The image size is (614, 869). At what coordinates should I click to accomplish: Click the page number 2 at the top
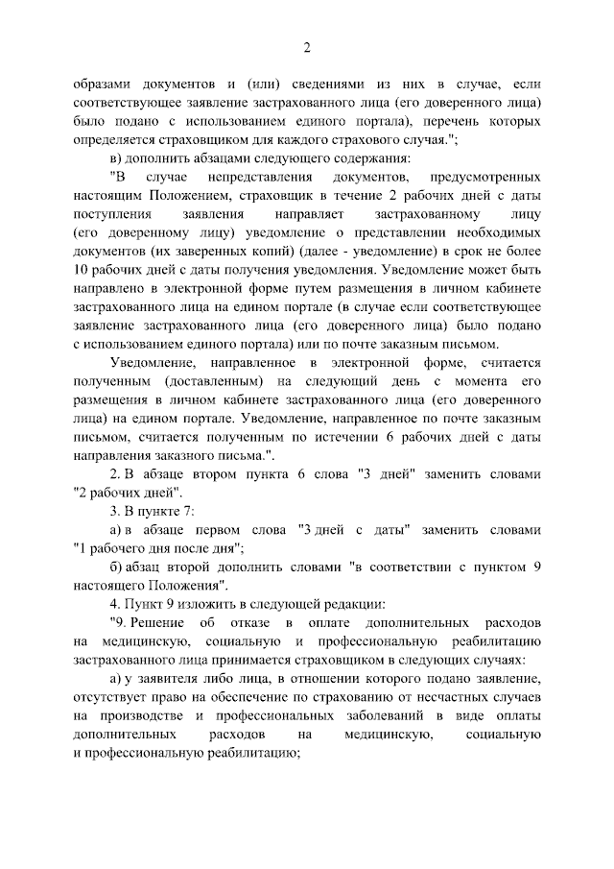306,47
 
